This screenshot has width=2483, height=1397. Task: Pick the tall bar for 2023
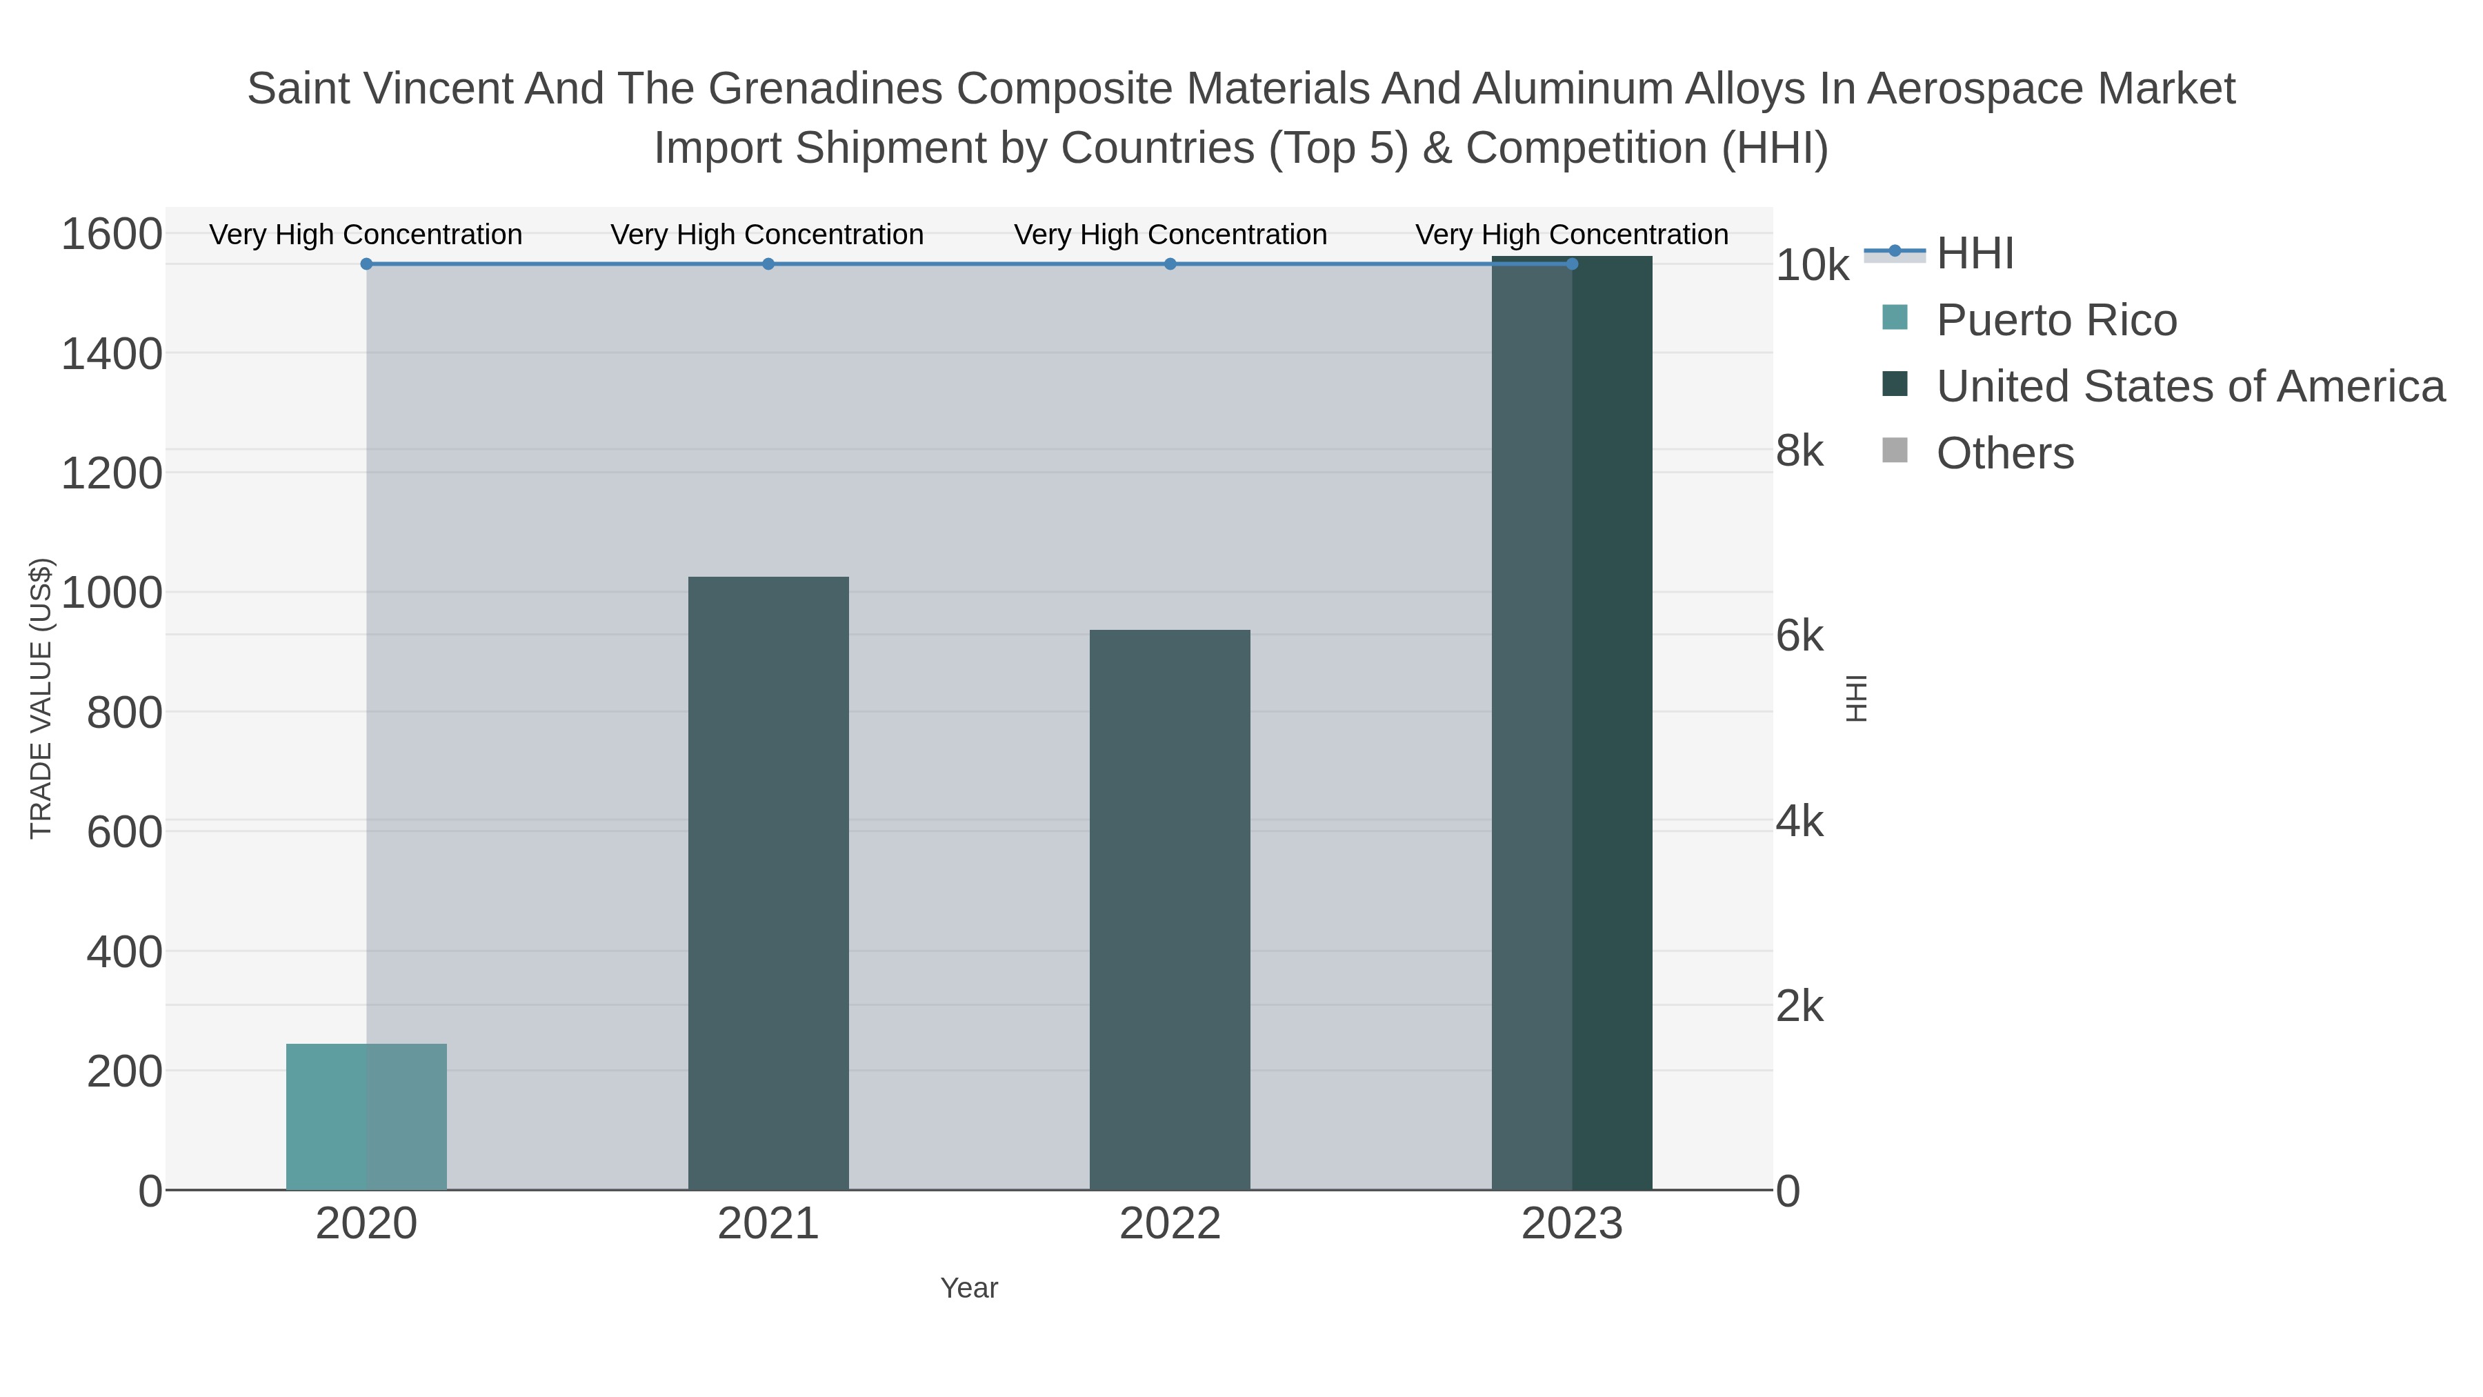(1572, 723)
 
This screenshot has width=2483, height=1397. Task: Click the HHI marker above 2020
(366, 264)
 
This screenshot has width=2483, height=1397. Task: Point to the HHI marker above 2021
(768, 264)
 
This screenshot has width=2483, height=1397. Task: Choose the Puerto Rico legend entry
(2056, 320)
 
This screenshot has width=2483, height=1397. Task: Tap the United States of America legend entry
(2189, 386)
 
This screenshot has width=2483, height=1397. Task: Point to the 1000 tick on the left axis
(112, 593)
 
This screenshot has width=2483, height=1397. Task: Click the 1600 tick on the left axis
(112, 235)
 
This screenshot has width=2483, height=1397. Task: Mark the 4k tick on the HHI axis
(1799, 822)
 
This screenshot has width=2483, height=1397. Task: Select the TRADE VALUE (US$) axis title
(41, 698)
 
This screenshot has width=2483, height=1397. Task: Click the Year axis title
(969, 1288)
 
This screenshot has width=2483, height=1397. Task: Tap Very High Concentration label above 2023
(1571, 235)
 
